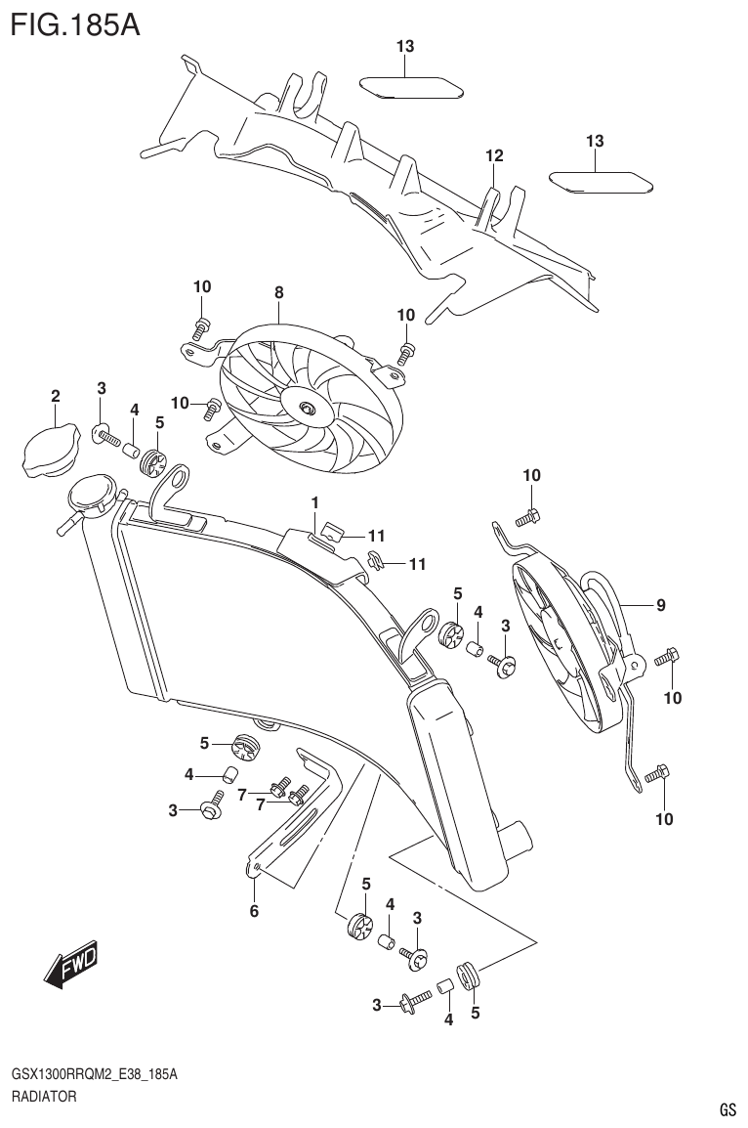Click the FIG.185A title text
pyautogui.click(x=74, y=23)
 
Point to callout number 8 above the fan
pyautogui.click(x=279, y=292)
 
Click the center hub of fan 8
pyautogui.click(x=308, y=409)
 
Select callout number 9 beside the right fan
pyautogui.click(x=661, y=605)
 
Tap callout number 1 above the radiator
pyautogui.click(x=315, y=502)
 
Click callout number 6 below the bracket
pyautogui.click(x=254, y=912)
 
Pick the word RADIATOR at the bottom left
pyautogui.click(x=43, y=1098)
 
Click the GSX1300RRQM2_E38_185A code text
pyautogui.click(x=94, y=1074)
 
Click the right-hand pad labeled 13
pyautogui.click(x=601, y=182)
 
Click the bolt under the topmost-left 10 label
pyautogui.click(x=202, y=324)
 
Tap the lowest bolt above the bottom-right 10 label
pyautogui.click(x=655, y=776)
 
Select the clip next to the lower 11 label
pyautogui.click(x=377, y=561)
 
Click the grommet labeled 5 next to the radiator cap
pyautogui.click(x=153, y=462)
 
